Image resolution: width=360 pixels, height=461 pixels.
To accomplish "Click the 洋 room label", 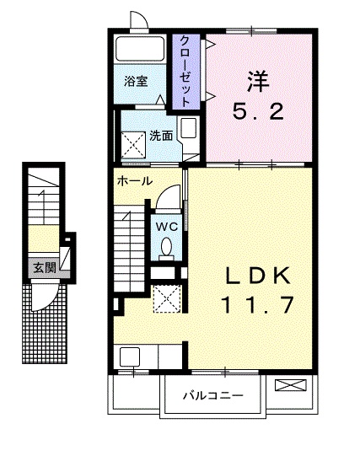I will click(259, 82).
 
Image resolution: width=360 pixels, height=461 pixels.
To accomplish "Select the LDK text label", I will click(259, 276).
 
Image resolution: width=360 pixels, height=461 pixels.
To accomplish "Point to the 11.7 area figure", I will click(258, 305).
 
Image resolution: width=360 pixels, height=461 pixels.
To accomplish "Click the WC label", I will click(165, 225).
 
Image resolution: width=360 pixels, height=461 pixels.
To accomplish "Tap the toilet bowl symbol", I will click(166, 247).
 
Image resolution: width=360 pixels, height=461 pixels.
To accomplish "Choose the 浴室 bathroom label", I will click(137, 82).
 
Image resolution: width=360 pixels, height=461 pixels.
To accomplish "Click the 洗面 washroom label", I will click(161, 135).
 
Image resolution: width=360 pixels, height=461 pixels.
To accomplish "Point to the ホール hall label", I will click(135, 181).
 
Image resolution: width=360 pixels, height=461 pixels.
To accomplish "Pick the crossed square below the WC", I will click(165, 297).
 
